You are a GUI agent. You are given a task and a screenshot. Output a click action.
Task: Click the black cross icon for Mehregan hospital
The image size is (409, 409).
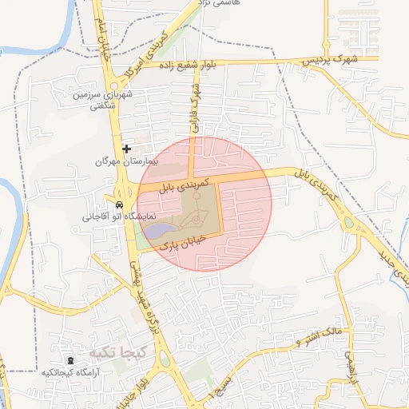[x=126, y=149]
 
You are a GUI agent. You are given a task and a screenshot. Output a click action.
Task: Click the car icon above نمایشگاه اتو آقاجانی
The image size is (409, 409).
[x=119, y=204]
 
